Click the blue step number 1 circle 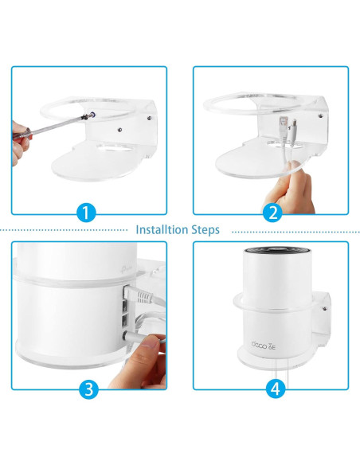87,213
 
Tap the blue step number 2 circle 272,213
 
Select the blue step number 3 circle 88,390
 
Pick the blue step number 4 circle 273,390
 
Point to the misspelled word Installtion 162,230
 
